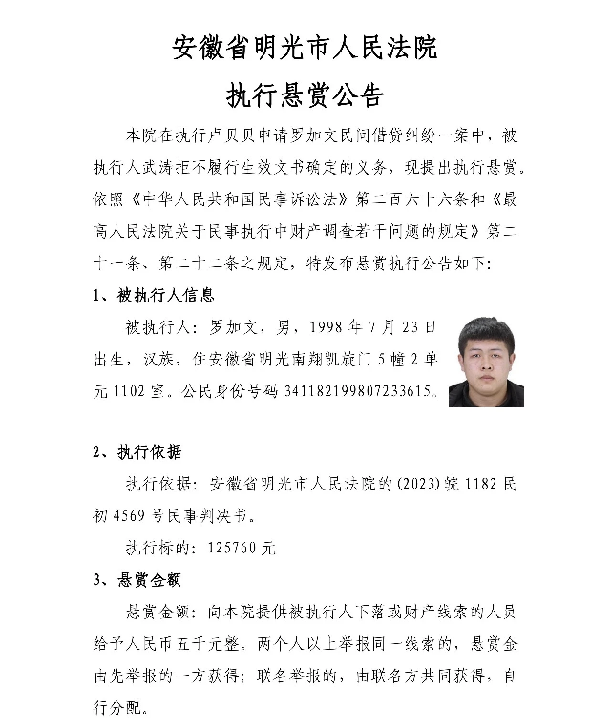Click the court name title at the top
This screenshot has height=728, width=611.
[305, 48]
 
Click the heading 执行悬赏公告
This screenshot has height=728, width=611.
[305, 95]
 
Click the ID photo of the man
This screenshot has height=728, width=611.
[485, 363]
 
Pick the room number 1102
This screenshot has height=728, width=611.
[132, 391]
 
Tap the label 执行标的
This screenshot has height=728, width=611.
[160, 549]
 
